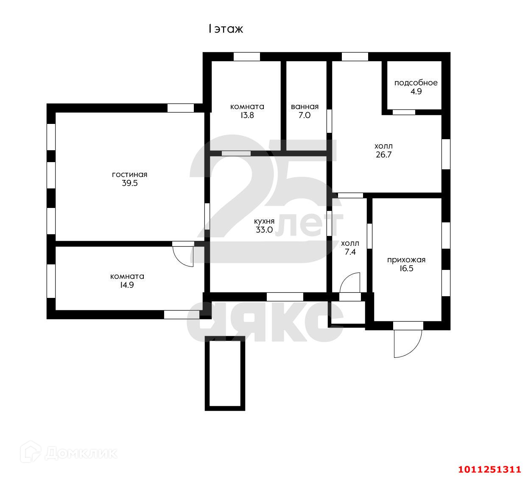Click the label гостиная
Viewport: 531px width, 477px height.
tap(129, 174)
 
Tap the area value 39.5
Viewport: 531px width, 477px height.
tap(129, 183)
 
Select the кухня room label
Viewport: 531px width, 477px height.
tap(264, 221)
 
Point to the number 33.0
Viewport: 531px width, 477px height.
tap(264, 230)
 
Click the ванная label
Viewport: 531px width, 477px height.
tap(305, 107)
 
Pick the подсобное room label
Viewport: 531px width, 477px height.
tap(416, 83)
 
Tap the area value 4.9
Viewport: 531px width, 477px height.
tap(416, 91)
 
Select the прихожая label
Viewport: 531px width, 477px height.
tap(406, 260)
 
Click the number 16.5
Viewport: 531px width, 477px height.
tap(406, 269)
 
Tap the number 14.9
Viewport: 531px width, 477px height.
tap(127, 285)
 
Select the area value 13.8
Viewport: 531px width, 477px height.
tap(247, 115)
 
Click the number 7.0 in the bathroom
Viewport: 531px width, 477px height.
tap(305, 115)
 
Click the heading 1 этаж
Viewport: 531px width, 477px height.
tap(225, 29)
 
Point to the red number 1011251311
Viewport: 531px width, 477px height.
tap(489, 469)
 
